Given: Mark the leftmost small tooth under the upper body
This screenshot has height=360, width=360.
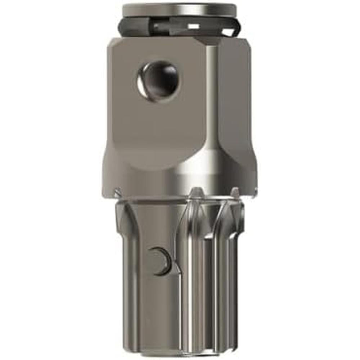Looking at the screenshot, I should point(117,193).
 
